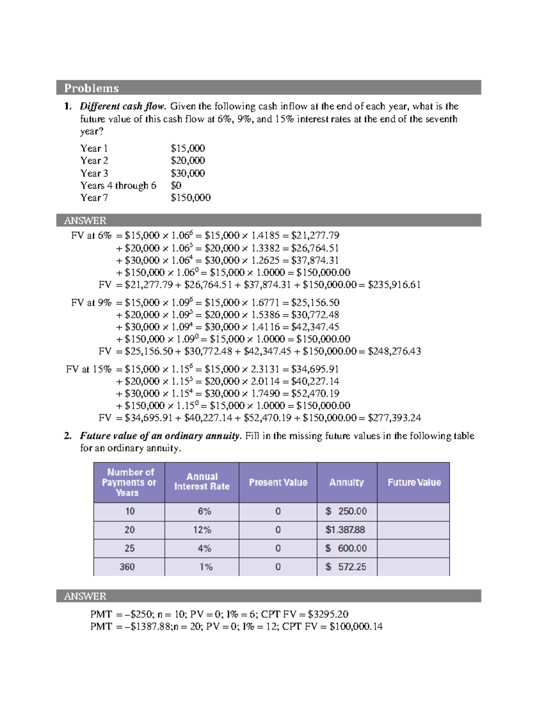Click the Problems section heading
tap(91, 88)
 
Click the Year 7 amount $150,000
tap(190, 198)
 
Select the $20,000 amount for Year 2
tap(188, 160)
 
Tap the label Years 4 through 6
tap(118, 185)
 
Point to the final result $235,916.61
tap(394, 285)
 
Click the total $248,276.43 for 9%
tap(394, 351)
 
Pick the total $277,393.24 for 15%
tap(394, 418)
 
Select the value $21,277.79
tap(315, 235)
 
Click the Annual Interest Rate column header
tap(202, 481)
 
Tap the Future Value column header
tap(414, 482)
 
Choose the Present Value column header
tap(278, 482)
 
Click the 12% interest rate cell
tap(202, 530)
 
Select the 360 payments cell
tap(127, 567)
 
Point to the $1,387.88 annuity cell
tap(345, 530)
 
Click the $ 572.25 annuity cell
tap(345, 567)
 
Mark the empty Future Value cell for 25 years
tap(413, 549)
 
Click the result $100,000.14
tap(356, 626)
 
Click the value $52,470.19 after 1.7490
tap(315, 393)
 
